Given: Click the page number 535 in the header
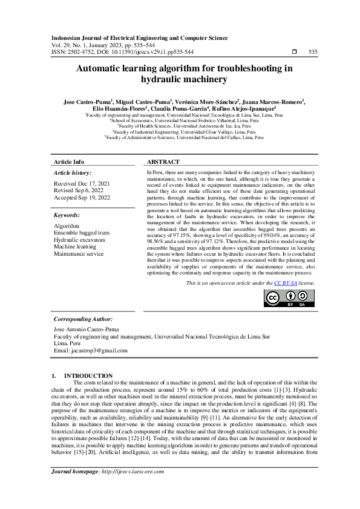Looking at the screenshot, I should (313, 52).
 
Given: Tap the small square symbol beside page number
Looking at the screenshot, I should (294, 52).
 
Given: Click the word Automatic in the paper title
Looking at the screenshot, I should (102, 69).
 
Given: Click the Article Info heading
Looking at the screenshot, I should (69, 163).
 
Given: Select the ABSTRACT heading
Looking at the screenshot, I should (163, 163).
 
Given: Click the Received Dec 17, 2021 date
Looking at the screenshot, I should (82, 183).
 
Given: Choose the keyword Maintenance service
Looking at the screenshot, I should (79, 254).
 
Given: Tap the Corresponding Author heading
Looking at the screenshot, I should (83, 319).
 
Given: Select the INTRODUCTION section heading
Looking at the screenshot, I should (88, 375).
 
